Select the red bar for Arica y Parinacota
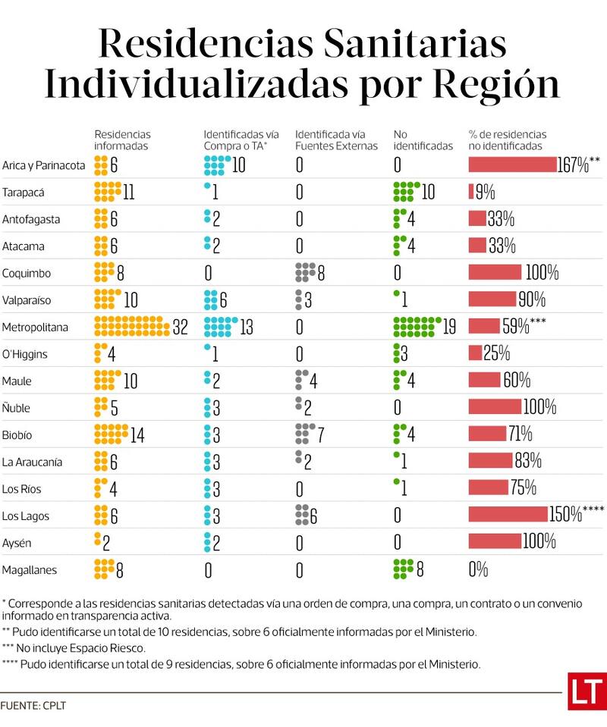[x=513, y=165]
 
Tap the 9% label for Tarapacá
[x=486, y=192]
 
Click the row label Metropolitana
[x=35, y=327]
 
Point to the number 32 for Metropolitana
[x=180, y=327]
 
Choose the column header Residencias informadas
[x=122, y=140]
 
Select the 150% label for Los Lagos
[x=565, y=515]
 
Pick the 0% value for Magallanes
[x=478, y=570]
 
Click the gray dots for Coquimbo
[x=305, y=273]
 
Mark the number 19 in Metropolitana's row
[x=449, y=327]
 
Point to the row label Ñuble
[x=17, y=408]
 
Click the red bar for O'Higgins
[x=475, y=353]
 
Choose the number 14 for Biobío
[x=137, y=436]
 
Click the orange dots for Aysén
[x=97, y=543]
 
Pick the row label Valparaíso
[x=27, y=300]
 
